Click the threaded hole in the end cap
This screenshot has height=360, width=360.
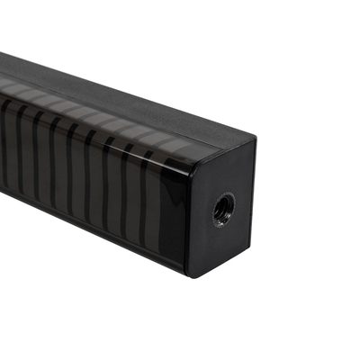click(x=223, y=210)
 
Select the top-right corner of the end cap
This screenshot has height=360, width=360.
click(x=255, y=139)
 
